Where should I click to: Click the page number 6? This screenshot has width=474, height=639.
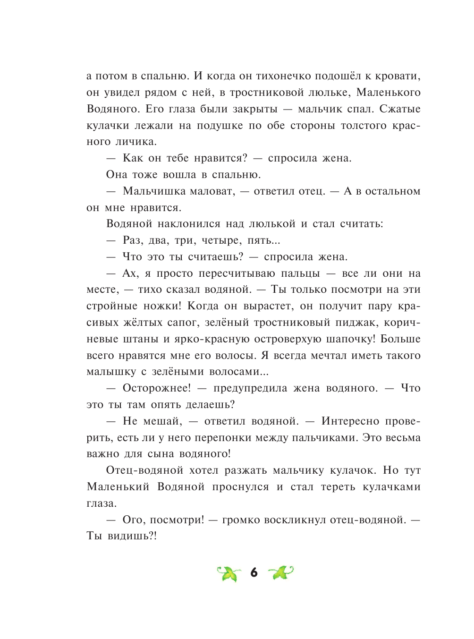click(254, 573)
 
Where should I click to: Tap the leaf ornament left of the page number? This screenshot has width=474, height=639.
click(229, 573)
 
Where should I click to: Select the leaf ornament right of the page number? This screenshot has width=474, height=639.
click(280, 573)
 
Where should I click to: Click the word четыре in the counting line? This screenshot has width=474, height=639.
click(220, 240)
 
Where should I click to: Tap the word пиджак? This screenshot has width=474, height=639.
click(338, 323)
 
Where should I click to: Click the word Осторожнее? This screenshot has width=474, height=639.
click(156, 388)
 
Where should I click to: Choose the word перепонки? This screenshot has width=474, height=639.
click(223, 438)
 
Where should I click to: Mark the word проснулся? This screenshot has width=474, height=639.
click(240, 487)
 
